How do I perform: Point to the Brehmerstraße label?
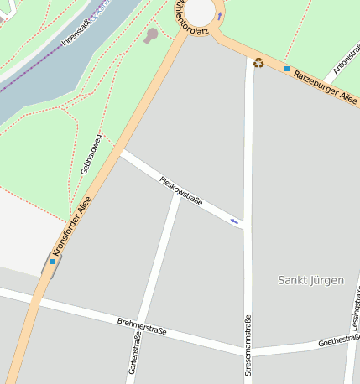pyautogui.click(x=142, y=326)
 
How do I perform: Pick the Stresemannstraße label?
pyautogui.click(x=248, y=344)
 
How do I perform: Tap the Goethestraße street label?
pyautogui.click(x=338, y=341)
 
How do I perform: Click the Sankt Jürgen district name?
pyautogui.click(x=310, y=280)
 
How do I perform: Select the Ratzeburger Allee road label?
pyautogui.click(x=325, y=86)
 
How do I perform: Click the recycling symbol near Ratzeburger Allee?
pyautogui.click(x=258, y=62)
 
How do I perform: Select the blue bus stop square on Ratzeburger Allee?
pyautogui.click(x=286, y=69)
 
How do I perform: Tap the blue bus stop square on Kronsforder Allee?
pyautogui.click(x=52, y=261)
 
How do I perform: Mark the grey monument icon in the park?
pyautogui.click(x=151, y=36)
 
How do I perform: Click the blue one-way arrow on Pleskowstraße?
pyautogui.click(x=235, y=221)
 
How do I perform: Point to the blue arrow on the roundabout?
pyautogui.click(x=219, y=16)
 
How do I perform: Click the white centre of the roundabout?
pyautogui.click(x=200, y=10)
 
